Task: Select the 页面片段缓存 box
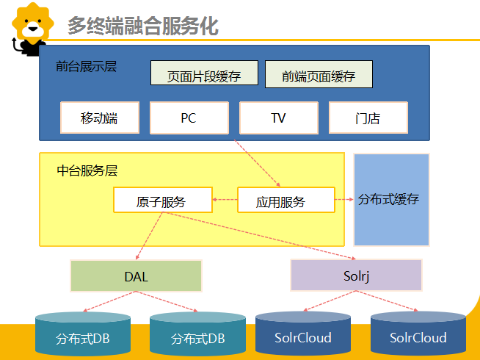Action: pos(205,74)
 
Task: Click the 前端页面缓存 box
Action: pos(318,74)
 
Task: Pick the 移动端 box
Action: pos(99,118)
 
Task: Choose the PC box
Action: pos(189,118)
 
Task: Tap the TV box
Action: pos(278,118)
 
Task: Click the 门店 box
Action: pos(368,118)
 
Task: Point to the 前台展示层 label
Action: pos(86,66)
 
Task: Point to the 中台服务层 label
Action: pos(87,170)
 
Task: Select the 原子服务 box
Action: pos(161,201)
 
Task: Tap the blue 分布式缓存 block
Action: pos(390,199)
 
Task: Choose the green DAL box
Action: pos(136,276)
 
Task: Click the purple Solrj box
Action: pos(357,276)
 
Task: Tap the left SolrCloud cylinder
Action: pos(303,336)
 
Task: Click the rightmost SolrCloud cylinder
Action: pos(418,336)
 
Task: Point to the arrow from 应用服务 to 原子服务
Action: pos(225,200)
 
